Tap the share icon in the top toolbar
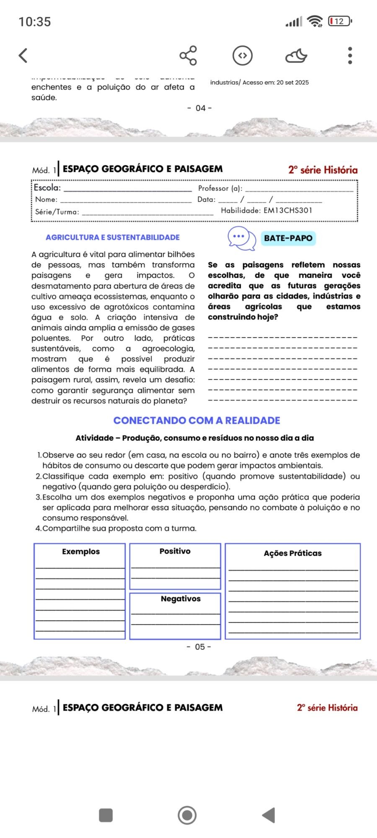click(x=188, y=55)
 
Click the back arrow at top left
click(x=23, y=55)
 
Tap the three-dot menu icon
click(x=350, y=55)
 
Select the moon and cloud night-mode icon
click(x=296, y=55)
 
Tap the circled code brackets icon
click(x=243, y=55)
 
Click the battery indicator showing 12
click(x=340, y=21)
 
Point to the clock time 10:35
click(x=35, y=22)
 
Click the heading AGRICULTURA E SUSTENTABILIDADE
click(x=113, y=238)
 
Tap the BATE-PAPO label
click(x=288, y=238)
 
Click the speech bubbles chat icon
click(x=242, y=238)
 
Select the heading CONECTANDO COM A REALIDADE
click(x=196, y=420)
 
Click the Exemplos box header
click(x=81, y=551)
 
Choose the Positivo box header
click(x=175, y=551)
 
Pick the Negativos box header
click(x=181, y=599)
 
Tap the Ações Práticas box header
click(x=292, y=553)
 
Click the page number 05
click(x=199, y=647)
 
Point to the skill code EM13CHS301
click(x=288, y=210)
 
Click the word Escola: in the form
click(x=47, y=188)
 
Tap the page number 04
click(x=200, y=108)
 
